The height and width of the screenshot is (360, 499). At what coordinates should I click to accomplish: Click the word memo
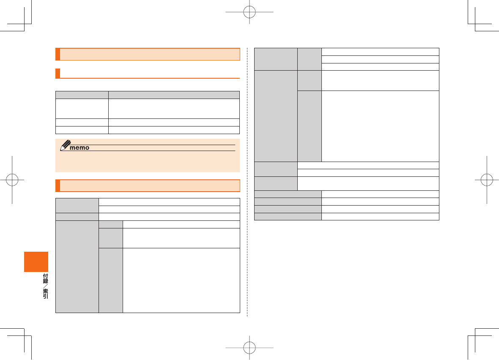pyautogui.click(x=80, y=148)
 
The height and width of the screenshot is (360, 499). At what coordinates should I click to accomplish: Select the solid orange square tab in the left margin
pyautogui.click(x=36, y=262)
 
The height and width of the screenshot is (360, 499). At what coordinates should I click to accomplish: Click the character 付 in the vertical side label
pyautogui.click(x=45, y=277)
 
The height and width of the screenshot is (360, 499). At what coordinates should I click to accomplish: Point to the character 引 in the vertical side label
pyautogui.click(x=45, y=297)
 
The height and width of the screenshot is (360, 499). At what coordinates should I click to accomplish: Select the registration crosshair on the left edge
pyautogui.click(x=12, y=180)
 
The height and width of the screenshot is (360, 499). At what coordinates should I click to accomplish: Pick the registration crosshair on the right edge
pyautogui.click(x=487, y=180)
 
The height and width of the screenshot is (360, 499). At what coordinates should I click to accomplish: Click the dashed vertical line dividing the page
pyautogui.click(x=247, y=254)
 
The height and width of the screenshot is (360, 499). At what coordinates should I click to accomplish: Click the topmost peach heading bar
pyautogui.click(x=148, y=55)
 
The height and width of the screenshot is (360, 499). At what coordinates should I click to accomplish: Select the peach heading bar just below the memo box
pyautogui.click(x=148, y=186)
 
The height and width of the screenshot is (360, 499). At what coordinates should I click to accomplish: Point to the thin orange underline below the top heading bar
pyautogui.click(x=148, y=78)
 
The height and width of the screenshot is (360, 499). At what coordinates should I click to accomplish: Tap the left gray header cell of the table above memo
pyautogui.click(x=82, y=95)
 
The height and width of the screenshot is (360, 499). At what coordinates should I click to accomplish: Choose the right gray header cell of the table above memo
pyautogui.click(x=174, y=95)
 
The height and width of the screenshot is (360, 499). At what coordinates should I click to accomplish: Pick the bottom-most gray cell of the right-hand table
pyautogui.click(x=288, y=217)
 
